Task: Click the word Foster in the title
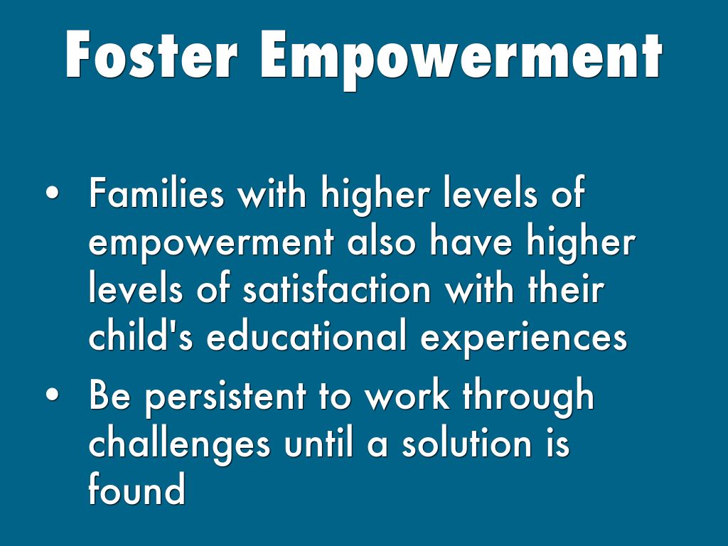point(151,55)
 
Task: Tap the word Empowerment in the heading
point(461,60)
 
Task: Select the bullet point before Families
point(53,193)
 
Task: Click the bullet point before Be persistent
point(53,394)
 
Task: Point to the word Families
point(156,192)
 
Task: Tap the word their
point(566,289)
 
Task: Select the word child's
point(140,336)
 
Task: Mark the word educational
point(306,336)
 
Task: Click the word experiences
point(524,338)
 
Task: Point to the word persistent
point(225,397)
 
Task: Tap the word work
point(407,395)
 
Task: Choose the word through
point(528,397)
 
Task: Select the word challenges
point(179,445)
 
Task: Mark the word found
point(137,488)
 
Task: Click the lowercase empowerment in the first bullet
point(211,243)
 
